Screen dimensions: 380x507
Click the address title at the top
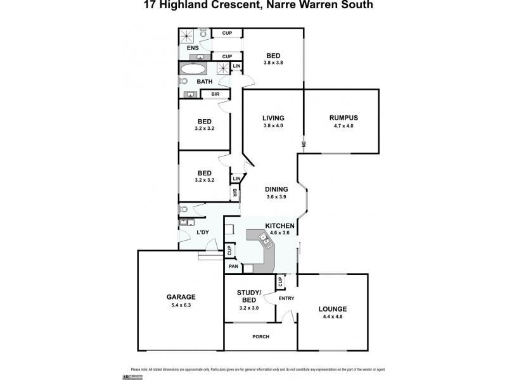pos(253,6)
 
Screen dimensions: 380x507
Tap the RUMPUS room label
pos(344,117)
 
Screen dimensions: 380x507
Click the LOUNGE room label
pos(332,309)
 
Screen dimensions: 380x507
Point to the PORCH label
pos(260,336)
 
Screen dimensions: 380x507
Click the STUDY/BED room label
pos(247,295)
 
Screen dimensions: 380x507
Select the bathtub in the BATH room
pos(193,69)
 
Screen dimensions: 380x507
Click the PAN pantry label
pos(233,267)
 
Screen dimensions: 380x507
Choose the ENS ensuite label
pos(192,47)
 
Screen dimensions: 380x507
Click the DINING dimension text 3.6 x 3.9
pos(277,197)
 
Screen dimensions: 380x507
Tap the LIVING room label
pos(273,117)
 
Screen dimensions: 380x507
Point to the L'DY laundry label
pos(203,233)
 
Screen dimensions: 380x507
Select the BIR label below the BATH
pos(215,94)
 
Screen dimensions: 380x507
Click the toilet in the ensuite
pos(203,32)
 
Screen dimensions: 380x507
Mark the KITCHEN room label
pos(279,225)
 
